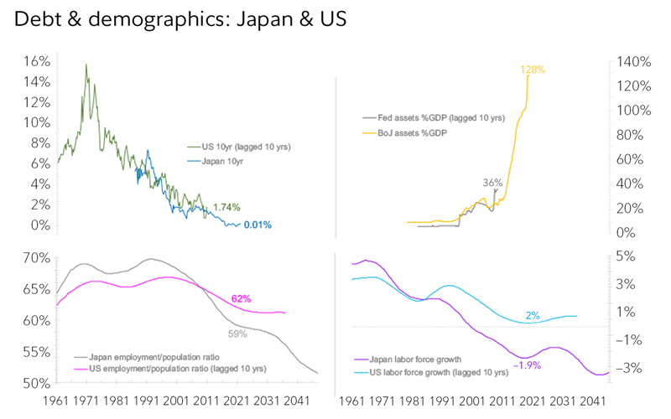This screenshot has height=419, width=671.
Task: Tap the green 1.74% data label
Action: coord(227,206)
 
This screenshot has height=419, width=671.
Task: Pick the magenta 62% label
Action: coord(241,298)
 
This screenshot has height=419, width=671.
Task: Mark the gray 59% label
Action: coord(237,334)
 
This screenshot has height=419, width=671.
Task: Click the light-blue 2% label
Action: coord(532,315)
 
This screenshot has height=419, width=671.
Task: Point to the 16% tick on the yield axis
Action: coord(38,62)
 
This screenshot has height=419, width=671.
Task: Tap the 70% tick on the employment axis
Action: coord(38,258)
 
